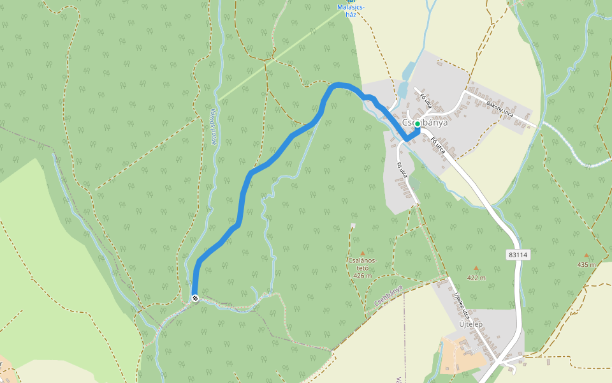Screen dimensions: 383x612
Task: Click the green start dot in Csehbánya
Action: click(x=417, y=124)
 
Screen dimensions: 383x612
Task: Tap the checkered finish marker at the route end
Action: click(x=195, y=298)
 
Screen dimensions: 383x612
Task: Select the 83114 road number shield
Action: click(x=519, y=254)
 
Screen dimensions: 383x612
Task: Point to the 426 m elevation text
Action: click(x=362, y=276)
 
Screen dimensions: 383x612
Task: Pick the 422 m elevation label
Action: click(x=476, y=278)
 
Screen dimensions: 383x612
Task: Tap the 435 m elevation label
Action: click(x=586, y=264)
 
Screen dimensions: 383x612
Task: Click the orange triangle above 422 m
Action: click(x=476, y=269)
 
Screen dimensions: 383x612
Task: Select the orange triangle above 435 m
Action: click(x=586, y=255)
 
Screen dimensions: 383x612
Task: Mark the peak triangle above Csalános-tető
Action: click(x=363, y=253)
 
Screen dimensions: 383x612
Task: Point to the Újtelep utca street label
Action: click(x=462, y=306)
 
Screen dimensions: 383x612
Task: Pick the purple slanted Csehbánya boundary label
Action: click(x=388, y=294)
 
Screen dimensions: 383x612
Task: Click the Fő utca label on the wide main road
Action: click(x=438, y=146)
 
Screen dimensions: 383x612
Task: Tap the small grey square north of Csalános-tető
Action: click(x=353, y=225)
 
